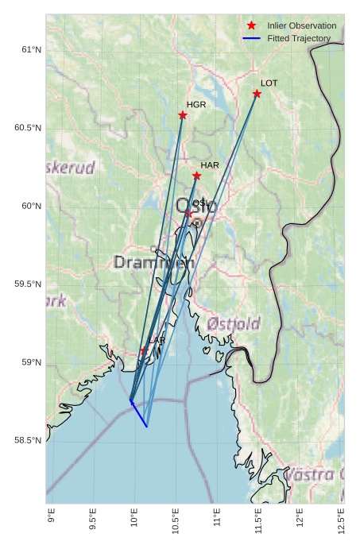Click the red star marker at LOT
tap(257, 94)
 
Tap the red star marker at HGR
tap(183, 115)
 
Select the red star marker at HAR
tap(196, 176)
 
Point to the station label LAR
tap(157, 340)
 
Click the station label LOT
tap(269, 83)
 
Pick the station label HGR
tap(196, 104)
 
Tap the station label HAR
tap(210, 165)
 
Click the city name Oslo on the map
tap(195, 206)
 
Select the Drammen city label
tap(153, 262)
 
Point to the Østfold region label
tap(234, 324)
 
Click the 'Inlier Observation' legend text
tap(302, 25)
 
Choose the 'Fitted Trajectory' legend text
tap(299, 38)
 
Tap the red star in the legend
tap(252, 25)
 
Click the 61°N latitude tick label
tap(30, 50)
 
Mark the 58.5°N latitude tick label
tap(28, 440)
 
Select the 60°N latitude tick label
tap(30, 206)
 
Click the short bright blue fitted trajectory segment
tap(139, 415)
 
